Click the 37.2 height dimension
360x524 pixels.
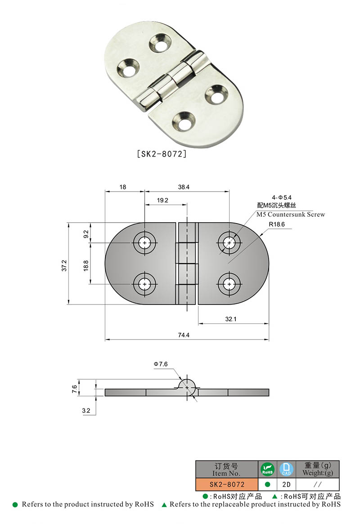click(64, 265)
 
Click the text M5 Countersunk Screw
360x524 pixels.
click(290, 215)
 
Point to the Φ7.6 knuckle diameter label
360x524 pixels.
click(161, 363)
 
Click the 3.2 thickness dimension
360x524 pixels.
click(86, 411)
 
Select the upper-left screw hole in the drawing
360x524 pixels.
click(144, 243)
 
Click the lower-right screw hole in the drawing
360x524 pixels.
click(229, 284)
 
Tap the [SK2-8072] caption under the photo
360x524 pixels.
click(161, 154)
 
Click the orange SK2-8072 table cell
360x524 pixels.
click(227, 484)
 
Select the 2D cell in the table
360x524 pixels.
click(286, 484)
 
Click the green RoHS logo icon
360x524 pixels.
click(267, 469)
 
